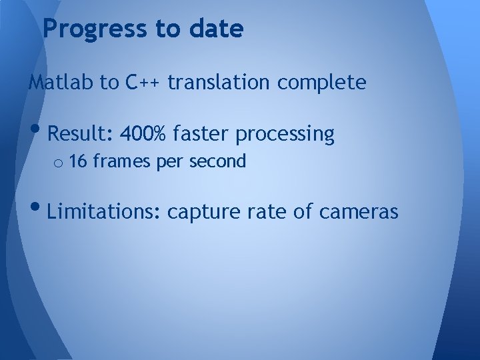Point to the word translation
[219, 83]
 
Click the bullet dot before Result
[37, 131]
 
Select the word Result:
[81, 135]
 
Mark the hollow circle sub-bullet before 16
[59, 163]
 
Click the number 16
[78, 161]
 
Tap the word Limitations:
[105, 212]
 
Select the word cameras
[359, 212]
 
